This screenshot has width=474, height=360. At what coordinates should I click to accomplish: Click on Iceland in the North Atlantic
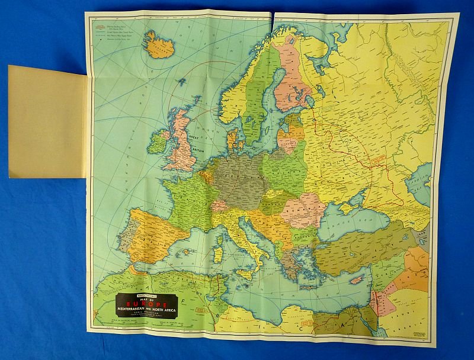pyautogui.click(x=158, y=44)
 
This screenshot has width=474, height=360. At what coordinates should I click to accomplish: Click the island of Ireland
pyautogui.click(x=156, y=142)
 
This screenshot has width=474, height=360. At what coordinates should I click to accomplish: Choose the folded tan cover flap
pyautogui.click(x=47, y=121)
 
